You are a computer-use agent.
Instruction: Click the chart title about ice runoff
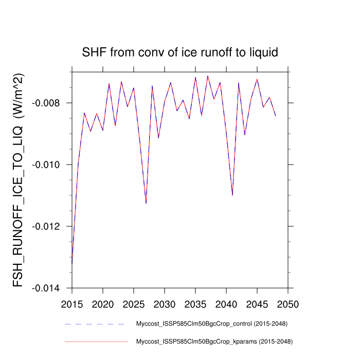(180, 52)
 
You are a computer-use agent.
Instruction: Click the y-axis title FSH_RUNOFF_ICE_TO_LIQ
(19, 179)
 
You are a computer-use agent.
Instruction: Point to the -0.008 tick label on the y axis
(46, 103)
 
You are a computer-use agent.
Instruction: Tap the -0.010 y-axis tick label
(46, 165)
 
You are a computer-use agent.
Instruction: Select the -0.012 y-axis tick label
(46, 226)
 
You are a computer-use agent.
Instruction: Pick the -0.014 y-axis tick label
(46, 288)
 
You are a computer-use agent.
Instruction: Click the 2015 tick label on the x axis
(72, 303)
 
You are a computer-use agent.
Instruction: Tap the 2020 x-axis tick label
(103, 303)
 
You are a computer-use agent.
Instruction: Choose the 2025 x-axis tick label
(134, 303)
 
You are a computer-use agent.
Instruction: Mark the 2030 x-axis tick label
(165, 303)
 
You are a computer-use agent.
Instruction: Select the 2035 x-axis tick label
(195, 303)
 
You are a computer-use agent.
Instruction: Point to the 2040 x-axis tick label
(226, 303)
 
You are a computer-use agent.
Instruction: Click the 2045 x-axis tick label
(257, 303)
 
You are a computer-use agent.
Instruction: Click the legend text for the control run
(211, 324)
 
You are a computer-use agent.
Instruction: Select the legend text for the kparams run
(213, 341)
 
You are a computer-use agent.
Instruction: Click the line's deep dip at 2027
(146, 203)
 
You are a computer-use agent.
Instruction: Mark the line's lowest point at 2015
(72, 263)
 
